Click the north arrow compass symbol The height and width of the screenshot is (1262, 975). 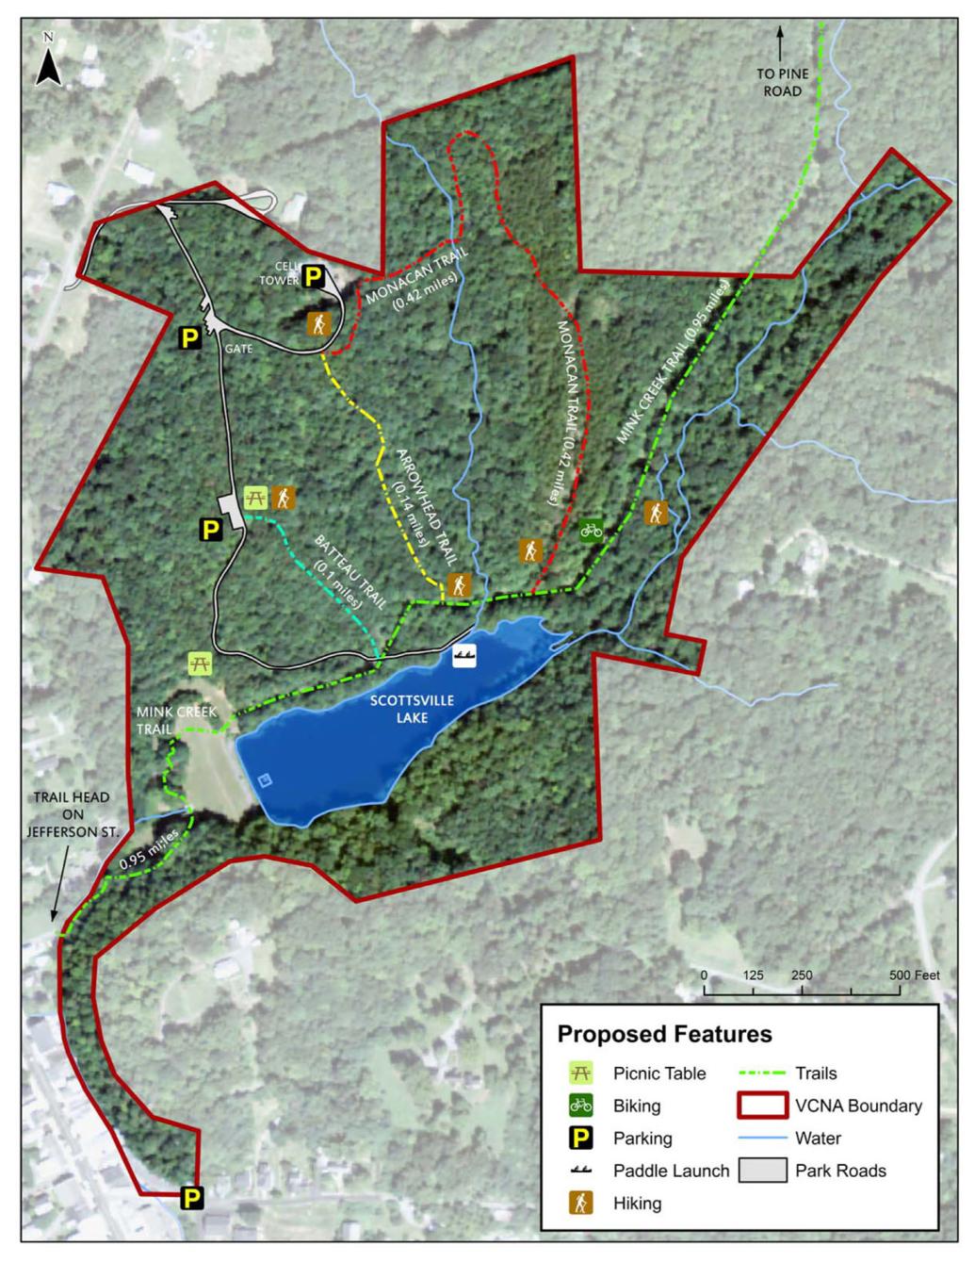[x=49, y=62]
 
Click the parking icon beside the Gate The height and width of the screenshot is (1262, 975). [x=190, y=338]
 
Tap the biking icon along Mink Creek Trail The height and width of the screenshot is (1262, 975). [x=591, y=530]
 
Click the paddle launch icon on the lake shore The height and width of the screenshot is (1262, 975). [x=464, y=657]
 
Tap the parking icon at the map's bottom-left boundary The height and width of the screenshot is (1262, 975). [x=191, y=1198]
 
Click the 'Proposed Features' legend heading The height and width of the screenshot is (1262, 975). [x=664, y=1034]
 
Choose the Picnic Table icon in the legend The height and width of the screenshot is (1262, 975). [x=582, y=1073]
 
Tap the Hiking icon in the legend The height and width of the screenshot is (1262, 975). [x=582, y=1203]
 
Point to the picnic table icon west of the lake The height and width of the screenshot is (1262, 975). [x=200, y=664]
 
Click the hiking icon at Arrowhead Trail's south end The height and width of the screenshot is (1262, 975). [x=459, y=585]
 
